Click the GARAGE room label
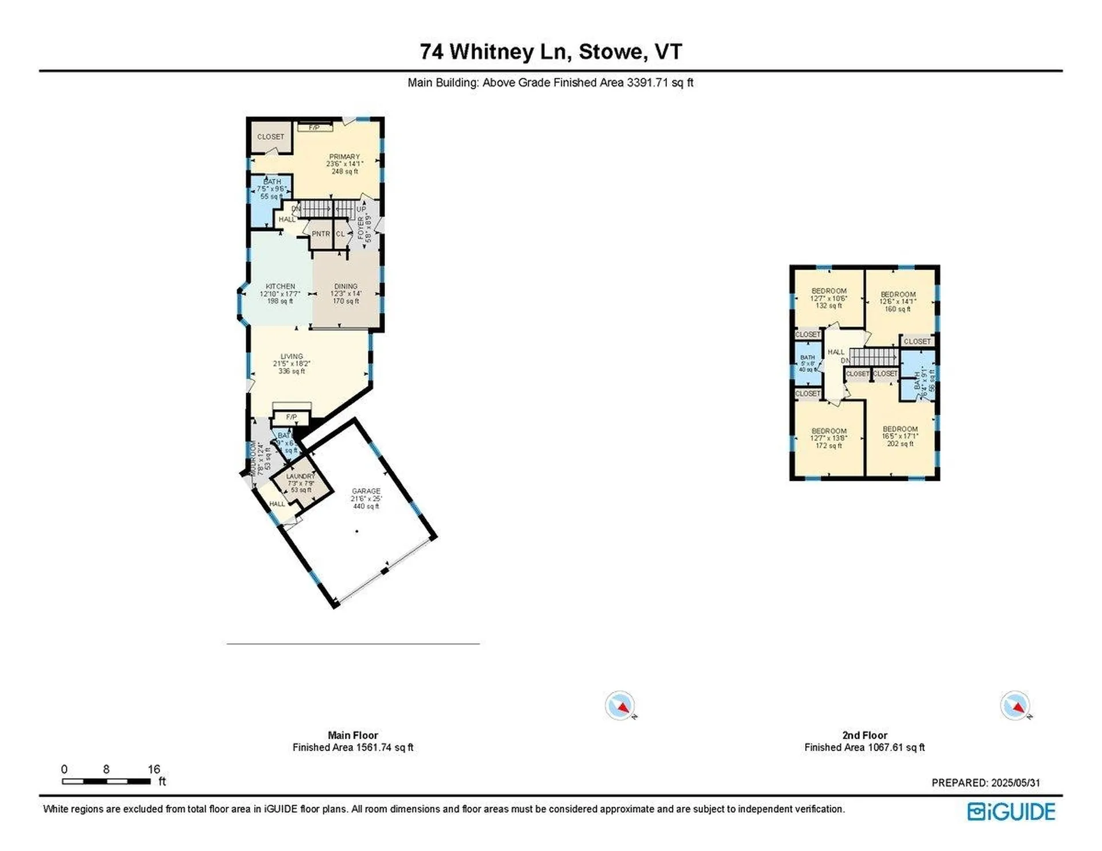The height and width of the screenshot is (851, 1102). [366, 491]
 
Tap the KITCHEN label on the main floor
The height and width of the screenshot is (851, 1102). [280, 286]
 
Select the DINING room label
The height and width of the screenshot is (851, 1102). [346, 286]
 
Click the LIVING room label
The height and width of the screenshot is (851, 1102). [292, 356]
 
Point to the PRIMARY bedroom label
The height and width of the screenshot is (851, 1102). [344, 157]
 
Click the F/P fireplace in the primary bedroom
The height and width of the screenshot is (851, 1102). [315, 127]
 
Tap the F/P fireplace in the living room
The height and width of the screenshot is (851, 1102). [292, 417]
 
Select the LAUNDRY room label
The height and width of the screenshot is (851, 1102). [301, 476]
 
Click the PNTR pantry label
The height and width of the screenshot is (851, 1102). [321, 234]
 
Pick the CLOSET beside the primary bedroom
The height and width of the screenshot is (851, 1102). [270, 137]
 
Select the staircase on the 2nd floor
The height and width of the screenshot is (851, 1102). [874, 357]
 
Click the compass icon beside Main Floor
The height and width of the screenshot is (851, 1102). [620, 705]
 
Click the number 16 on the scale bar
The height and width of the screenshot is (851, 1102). [154, 769]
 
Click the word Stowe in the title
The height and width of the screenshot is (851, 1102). [611, 52]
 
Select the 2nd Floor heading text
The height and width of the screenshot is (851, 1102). [864, 735]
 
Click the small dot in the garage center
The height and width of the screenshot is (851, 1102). [357, 531]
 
